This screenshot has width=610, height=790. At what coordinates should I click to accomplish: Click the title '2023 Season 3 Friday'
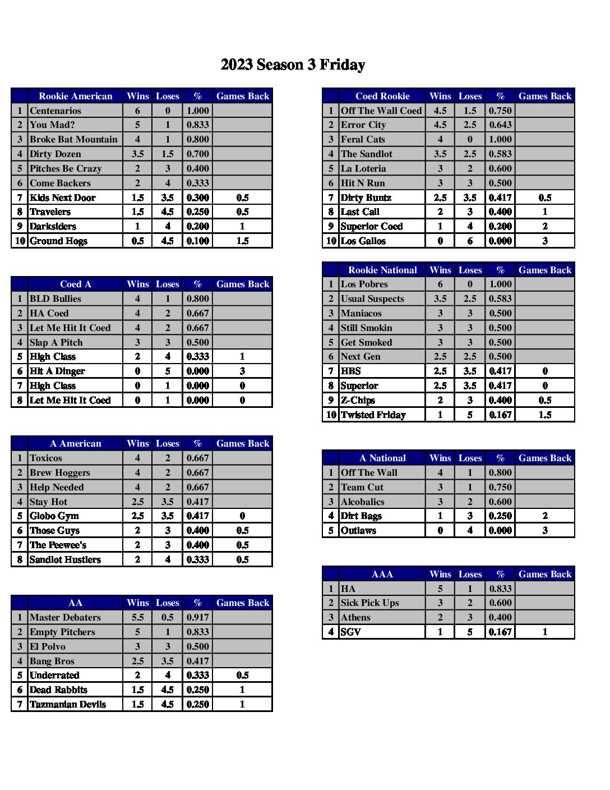[293, 65]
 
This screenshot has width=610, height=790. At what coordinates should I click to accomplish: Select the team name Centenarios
[56, 111]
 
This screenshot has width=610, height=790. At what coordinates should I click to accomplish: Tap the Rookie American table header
[75, 96]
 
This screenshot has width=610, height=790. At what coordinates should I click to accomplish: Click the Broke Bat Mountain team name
[73, 139]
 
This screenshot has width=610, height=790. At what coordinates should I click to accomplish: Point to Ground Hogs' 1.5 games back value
[242, 241]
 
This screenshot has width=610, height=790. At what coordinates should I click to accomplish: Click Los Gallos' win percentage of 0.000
[500, 241]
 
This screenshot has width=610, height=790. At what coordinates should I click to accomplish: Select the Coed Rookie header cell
[382, 96]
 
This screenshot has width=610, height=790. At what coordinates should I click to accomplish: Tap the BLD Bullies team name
[56, 298]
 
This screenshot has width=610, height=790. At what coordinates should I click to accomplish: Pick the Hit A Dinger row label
[57, 371]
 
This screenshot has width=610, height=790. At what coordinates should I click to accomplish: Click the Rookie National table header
[382, 270]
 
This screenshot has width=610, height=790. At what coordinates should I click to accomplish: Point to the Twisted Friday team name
[373, 415]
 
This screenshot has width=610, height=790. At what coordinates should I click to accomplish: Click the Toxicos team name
[46, 458]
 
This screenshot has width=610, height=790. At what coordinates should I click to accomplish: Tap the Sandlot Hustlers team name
[65, 559]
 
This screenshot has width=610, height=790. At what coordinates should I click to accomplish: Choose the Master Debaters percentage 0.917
[197, 617]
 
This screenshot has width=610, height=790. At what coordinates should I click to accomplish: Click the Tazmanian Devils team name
[67, 704]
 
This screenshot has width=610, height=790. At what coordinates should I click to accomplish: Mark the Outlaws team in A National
[358, 530]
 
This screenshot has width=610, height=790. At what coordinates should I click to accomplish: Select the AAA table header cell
[382, 574]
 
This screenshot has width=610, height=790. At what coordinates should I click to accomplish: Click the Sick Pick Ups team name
[370, 603]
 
